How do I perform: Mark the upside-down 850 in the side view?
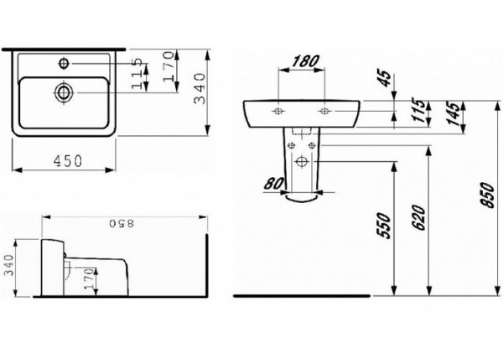tap(122, 224)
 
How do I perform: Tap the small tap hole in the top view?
tap(65, 64)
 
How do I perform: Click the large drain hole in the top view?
tap(64, 92)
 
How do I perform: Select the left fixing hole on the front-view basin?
tap(277, 112)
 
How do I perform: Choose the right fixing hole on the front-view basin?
tap(324, 112)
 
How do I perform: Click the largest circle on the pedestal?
tap(300, 162)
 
